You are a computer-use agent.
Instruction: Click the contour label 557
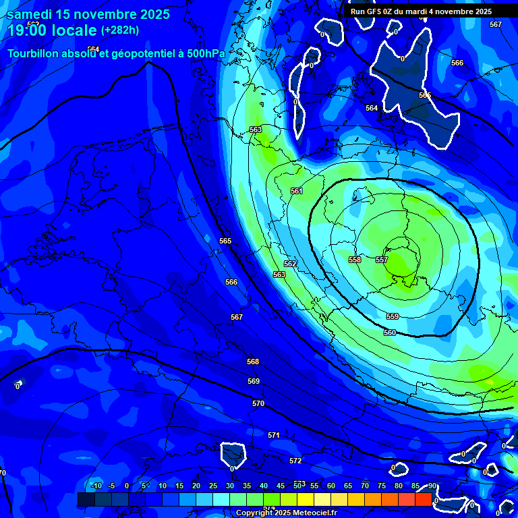click(x=382, y=260)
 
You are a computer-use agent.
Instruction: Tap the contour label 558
click(x=355, y=260)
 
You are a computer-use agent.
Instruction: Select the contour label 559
click(x=393, y=316)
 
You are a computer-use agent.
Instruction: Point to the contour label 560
click(x=390, y=333)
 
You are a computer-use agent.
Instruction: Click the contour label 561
click(x=297, y=192)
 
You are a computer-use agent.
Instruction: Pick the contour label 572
click(x=295, y=461)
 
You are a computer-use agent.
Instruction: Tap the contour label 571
click(x=273, y=435)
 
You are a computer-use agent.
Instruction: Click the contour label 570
click(x=258, y=403)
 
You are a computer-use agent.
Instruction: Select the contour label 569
click(x=254, y=381)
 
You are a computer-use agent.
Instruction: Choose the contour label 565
click(x=225, y=241)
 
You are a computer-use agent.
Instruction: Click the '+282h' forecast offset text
click(x=120, y=30)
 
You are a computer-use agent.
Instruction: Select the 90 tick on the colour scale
click(x=432, y=486)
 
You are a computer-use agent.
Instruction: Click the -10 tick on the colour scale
click(x=96, y=486)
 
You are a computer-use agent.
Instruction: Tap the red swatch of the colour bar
click(x=423, y=499)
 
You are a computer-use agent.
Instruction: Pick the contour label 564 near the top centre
click(x=372, y=108)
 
